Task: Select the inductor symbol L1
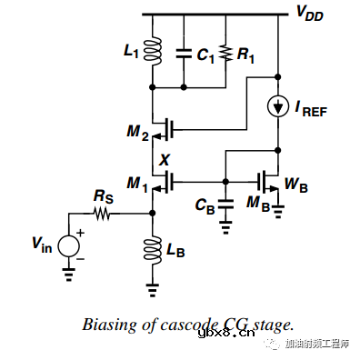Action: point(153,54)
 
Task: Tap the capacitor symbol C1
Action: point(184,54)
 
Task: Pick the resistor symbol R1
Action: point(224,54)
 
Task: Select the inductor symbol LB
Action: point(152,249)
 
